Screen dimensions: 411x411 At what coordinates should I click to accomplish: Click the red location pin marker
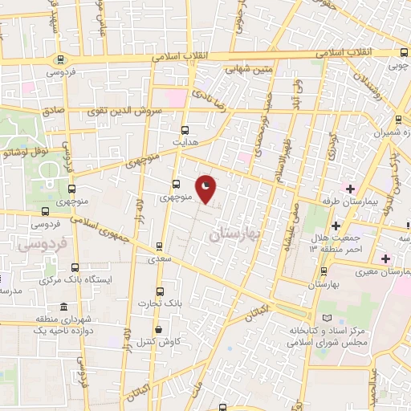[x=206, y=189]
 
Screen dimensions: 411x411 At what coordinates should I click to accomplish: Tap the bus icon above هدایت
[x=185, y=129]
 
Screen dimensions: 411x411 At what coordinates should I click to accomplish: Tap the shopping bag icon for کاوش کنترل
[x=158, y=329]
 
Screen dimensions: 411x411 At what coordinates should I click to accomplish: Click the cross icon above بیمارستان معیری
[x=386, y=258]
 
